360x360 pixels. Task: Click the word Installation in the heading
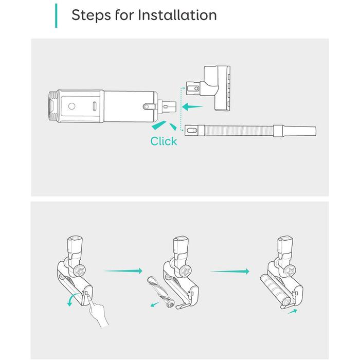coord(177,15)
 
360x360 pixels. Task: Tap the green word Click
coord(164,141)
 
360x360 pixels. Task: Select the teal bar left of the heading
coord(56,15)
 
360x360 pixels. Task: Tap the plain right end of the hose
coord(298,131)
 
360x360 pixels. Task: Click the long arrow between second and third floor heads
coord(230,271)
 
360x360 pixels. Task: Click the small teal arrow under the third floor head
coord(292,312)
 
